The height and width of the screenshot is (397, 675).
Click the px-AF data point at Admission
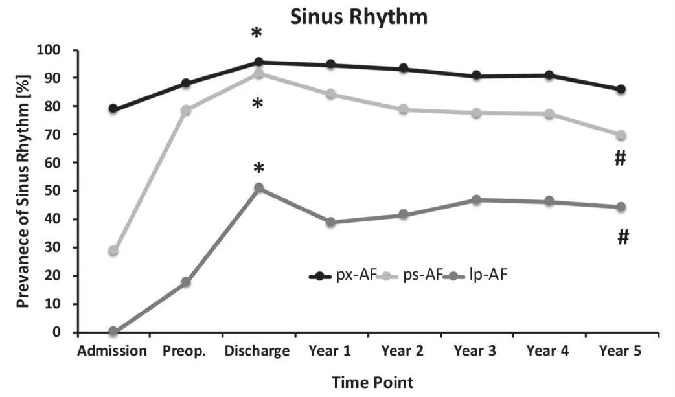113,109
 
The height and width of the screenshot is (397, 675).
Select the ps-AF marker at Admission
113,251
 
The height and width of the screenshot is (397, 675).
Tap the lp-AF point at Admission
113,332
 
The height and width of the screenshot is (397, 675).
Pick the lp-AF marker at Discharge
258,188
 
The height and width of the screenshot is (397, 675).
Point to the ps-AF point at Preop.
186,110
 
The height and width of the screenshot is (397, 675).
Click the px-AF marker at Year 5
621,89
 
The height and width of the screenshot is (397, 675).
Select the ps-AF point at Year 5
621,135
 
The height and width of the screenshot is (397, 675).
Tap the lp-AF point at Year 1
331,222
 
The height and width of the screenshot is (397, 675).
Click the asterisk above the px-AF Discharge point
258,32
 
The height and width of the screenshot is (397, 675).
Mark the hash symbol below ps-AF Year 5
620,158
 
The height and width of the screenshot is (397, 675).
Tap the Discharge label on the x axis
258,352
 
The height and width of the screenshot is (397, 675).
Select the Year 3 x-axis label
475,352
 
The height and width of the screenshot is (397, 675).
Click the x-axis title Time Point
372,383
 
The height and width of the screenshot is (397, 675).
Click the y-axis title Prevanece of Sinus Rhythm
23,190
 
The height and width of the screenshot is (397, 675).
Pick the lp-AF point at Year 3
476,200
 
